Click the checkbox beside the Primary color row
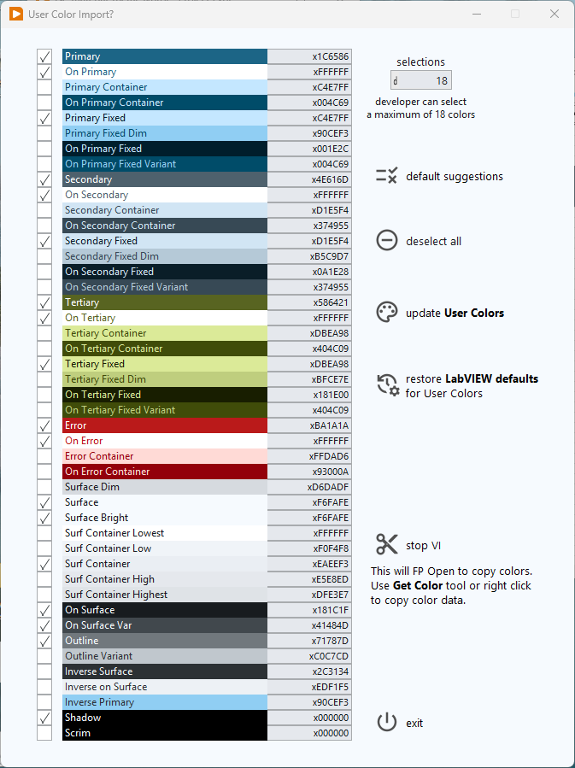click(44, 56)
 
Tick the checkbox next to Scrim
click(44, 733)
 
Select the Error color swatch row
click(165, 425)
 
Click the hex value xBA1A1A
click(309, 425)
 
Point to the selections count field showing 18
click(421, 81)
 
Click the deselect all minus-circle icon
click(387, 241)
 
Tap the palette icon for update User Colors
click(387, 313)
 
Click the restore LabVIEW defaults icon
click(388, 385)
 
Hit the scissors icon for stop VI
click(387, 544)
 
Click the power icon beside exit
click(387, 723)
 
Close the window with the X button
click(554, 14)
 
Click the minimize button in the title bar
click(476, 14)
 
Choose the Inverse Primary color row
click(165, 702)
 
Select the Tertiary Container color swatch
click(165, 333)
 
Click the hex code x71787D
click(309, 641)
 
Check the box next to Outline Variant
click(44, 656)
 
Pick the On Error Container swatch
click(165, 472)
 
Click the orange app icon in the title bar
click(15, 14)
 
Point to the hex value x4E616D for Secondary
click(309, 179)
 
